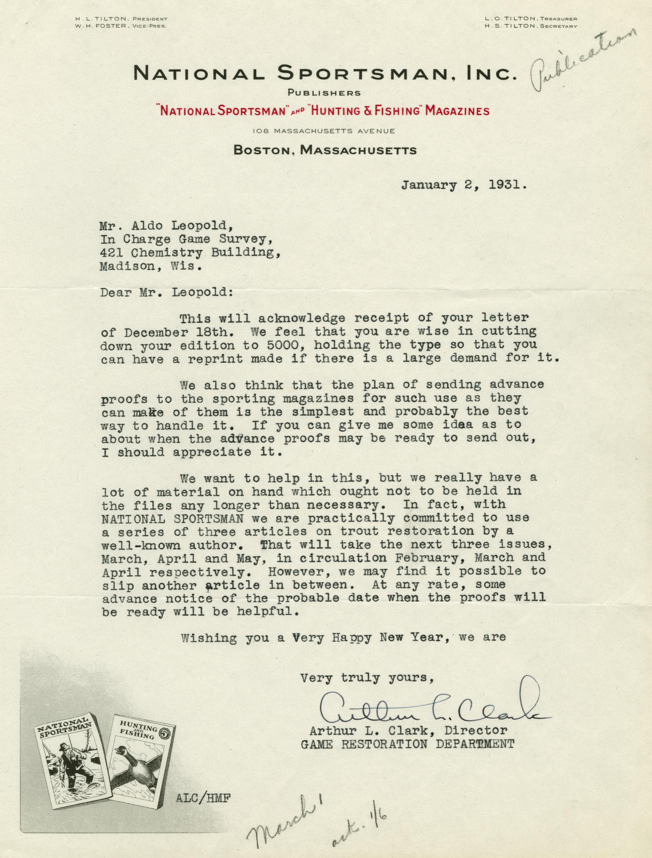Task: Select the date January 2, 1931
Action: coord(464,185)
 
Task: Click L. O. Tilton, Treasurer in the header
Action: coord(531,19)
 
